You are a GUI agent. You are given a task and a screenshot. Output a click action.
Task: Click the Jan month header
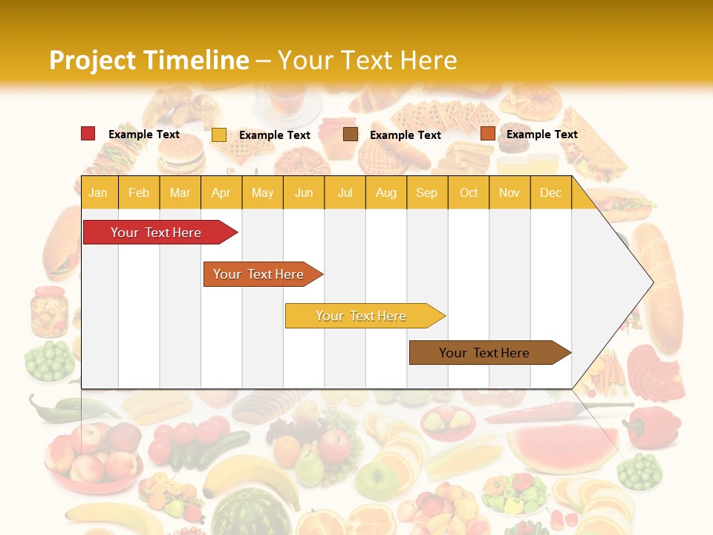pos(98,192)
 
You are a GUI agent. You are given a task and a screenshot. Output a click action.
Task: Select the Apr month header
pos(221,192)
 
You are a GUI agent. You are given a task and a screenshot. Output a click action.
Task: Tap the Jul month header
pos(345,192)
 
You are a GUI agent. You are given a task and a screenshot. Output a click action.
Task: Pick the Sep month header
pos(426,192)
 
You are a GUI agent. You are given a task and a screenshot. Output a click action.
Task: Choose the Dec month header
pos(550,192)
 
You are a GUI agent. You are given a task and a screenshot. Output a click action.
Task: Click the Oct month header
pos(468,192)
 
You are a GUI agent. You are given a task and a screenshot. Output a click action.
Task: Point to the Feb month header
pos(139,192)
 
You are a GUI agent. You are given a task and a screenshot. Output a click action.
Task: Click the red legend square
pos(88,134)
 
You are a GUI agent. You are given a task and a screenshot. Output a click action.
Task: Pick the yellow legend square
pos(218,134)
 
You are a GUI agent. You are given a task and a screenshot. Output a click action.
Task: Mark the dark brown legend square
pos(350,134)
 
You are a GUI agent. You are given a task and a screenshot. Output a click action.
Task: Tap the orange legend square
pos(487,134)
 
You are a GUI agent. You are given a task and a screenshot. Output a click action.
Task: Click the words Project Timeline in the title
pos(149,60)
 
